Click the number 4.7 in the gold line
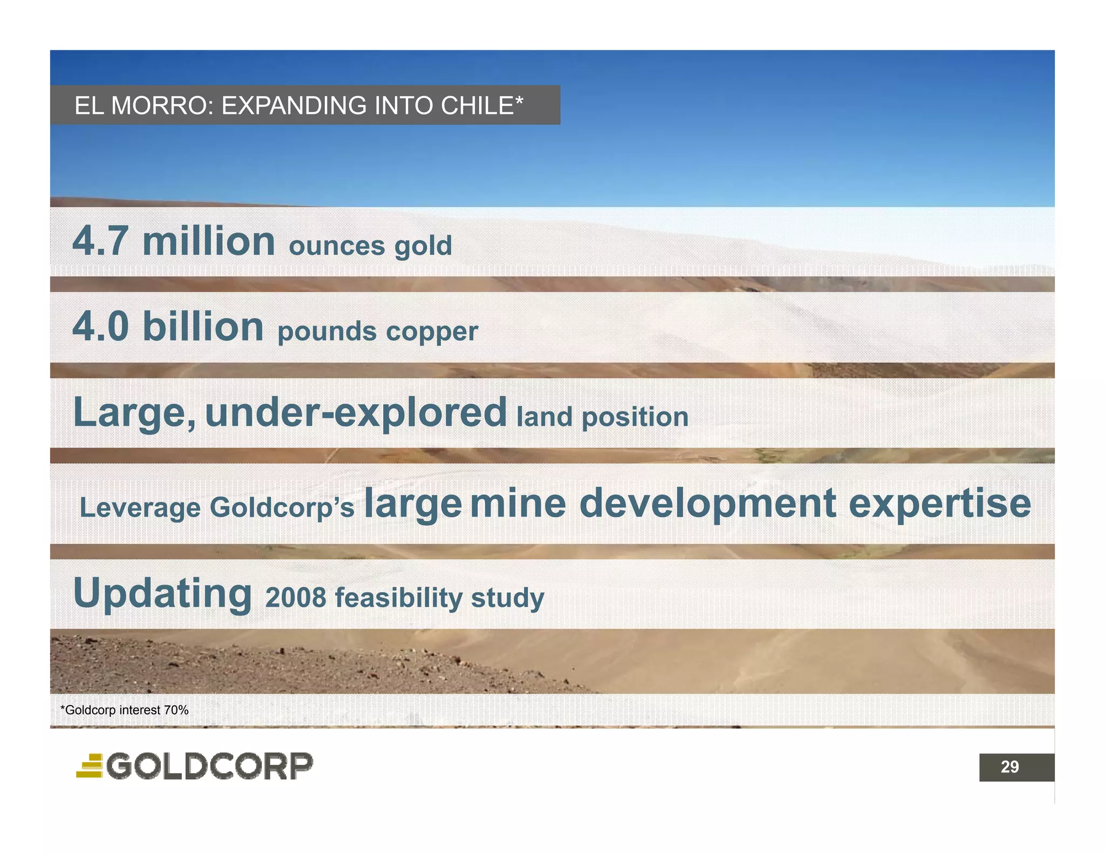point(100,241)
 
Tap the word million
point(209,241)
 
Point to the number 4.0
point(100,327)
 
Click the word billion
point(203,327)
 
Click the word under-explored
point(356,413)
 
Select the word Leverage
point(140,508)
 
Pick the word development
point(707,504)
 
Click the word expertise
point(940,504)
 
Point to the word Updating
point(162,594)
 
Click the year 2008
point(296,598)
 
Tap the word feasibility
point(398,598)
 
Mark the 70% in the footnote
point(176,710)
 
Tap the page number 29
point(1009,767)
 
